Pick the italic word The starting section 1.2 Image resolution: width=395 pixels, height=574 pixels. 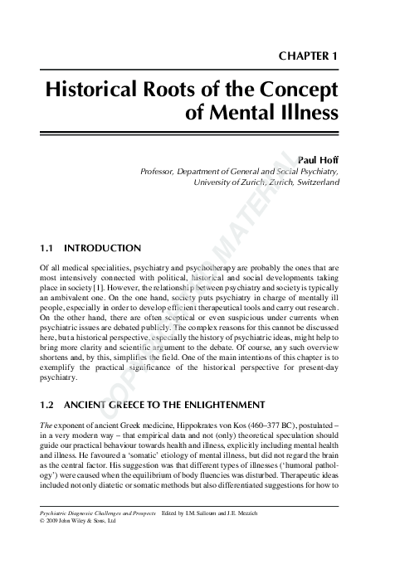[x=46, y=424]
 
